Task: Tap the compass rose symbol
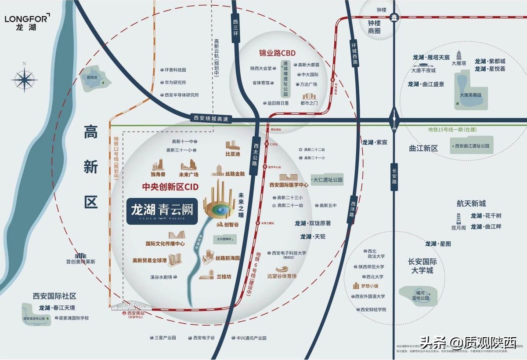pos(25,80)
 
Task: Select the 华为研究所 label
pos(175,82)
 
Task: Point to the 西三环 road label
pos(235,27)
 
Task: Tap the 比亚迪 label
pos(233,155)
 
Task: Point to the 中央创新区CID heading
pos(170,187)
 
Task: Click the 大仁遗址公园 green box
pos(327,180)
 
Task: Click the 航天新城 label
pos(471,204)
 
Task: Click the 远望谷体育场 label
pos(282,276)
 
